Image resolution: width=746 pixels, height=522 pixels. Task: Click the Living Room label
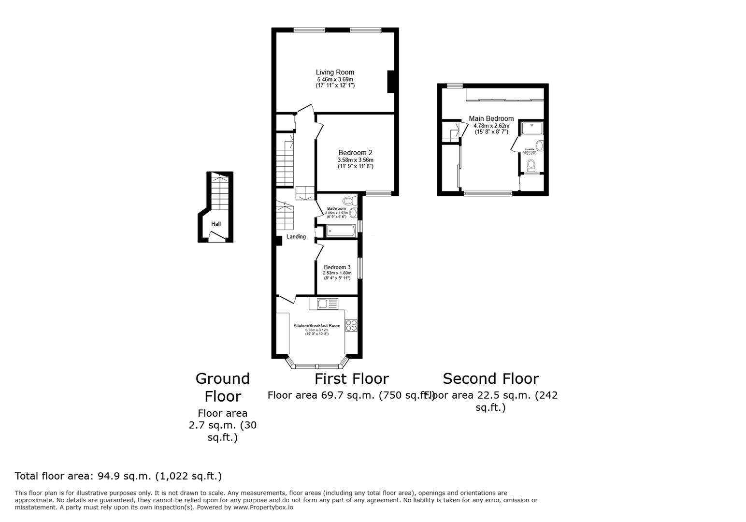pyautogui.click(x=335, y=72)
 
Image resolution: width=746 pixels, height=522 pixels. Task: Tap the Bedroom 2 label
pyautogui.click(x=355, y=153)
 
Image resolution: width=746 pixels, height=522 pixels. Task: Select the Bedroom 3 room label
pyautogui.click(x=337, y=267)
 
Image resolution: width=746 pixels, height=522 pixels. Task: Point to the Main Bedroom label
pyautogui.click(x=491, y=118)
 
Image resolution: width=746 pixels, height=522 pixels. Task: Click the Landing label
pyautogui.click(x=296, y=237)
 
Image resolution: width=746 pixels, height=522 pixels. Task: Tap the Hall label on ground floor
pyautogui.click(x=216, y=224)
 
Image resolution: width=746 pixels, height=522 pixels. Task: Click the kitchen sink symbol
pyautogui.click(x=327, y=304)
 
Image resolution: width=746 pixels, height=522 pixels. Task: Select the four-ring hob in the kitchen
pyautogui.click(x=351, y=326)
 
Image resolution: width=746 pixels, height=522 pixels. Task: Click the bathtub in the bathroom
pyautogui.click(x=341, y=232)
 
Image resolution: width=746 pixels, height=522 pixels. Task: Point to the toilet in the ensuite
pyautogui.click(x=531, y=165)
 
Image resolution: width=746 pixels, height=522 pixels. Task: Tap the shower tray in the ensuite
pyautogui.click(x=532, y=128)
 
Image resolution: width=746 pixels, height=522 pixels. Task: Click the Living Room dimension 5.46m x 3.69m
pyautogui.click(x=335, y=79)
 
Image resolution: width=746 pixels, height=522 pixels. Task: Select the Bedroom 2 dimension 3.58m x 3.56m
pyautogui.click(x=355, y=160)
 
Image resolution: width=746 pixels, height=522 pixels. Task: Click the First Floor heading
pyautogui.click(x=351, y=378)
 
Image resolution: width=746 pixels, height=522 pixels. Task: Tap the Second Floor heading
pyautogui.click(x=490, y=378)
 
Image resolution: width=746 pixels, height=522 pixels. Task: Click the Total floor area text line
pyautogui.click(x=118, y=476)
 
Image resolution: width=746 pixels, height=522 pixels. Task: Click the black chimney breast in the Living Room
pyautogui.click(x=392, y=81)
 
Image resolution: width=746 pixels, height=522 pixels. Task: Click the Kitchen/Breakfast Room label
pyautogui.click(x=317, y=326)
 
